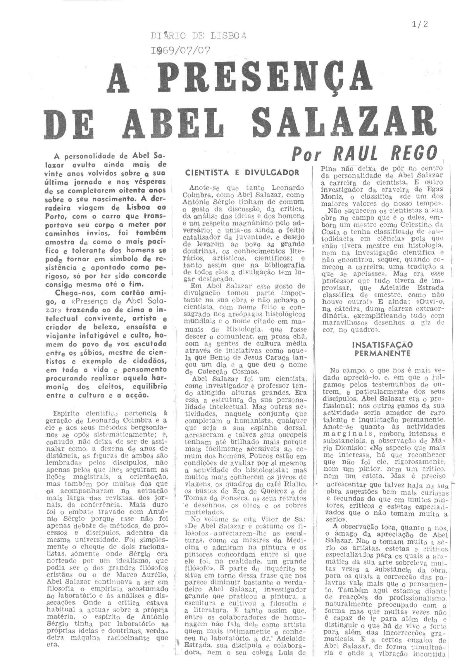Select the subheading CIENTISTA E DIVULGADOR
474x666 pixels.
[243, 173]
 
